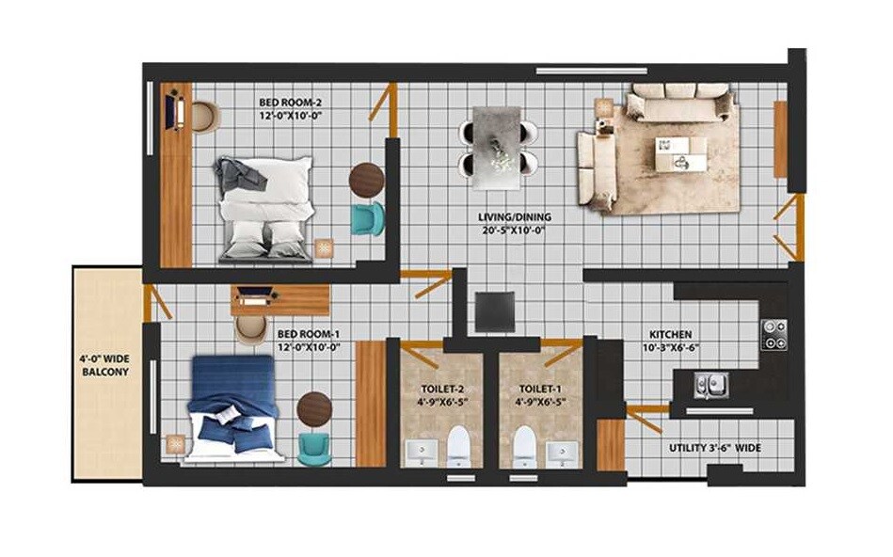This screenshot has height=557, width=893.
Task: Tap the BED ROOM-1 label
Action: (x=308, y=340)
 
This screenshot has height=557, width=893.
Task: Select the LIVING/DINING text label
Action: (x=515, y=224)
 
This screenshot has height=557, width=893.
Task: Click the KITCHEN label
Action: (x=672, y=341)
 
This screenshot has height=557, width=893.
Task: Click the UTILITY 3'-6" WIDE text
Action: (x=715, y=449)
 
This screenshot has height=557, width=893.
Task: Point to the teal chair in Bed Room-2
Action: (x=366, y=217)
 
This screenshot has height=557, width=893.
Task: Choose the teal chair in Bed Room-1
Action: (x=313, y=447)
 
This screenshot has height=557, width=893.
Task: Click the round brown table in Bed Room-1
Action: (x=314, y=409)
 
